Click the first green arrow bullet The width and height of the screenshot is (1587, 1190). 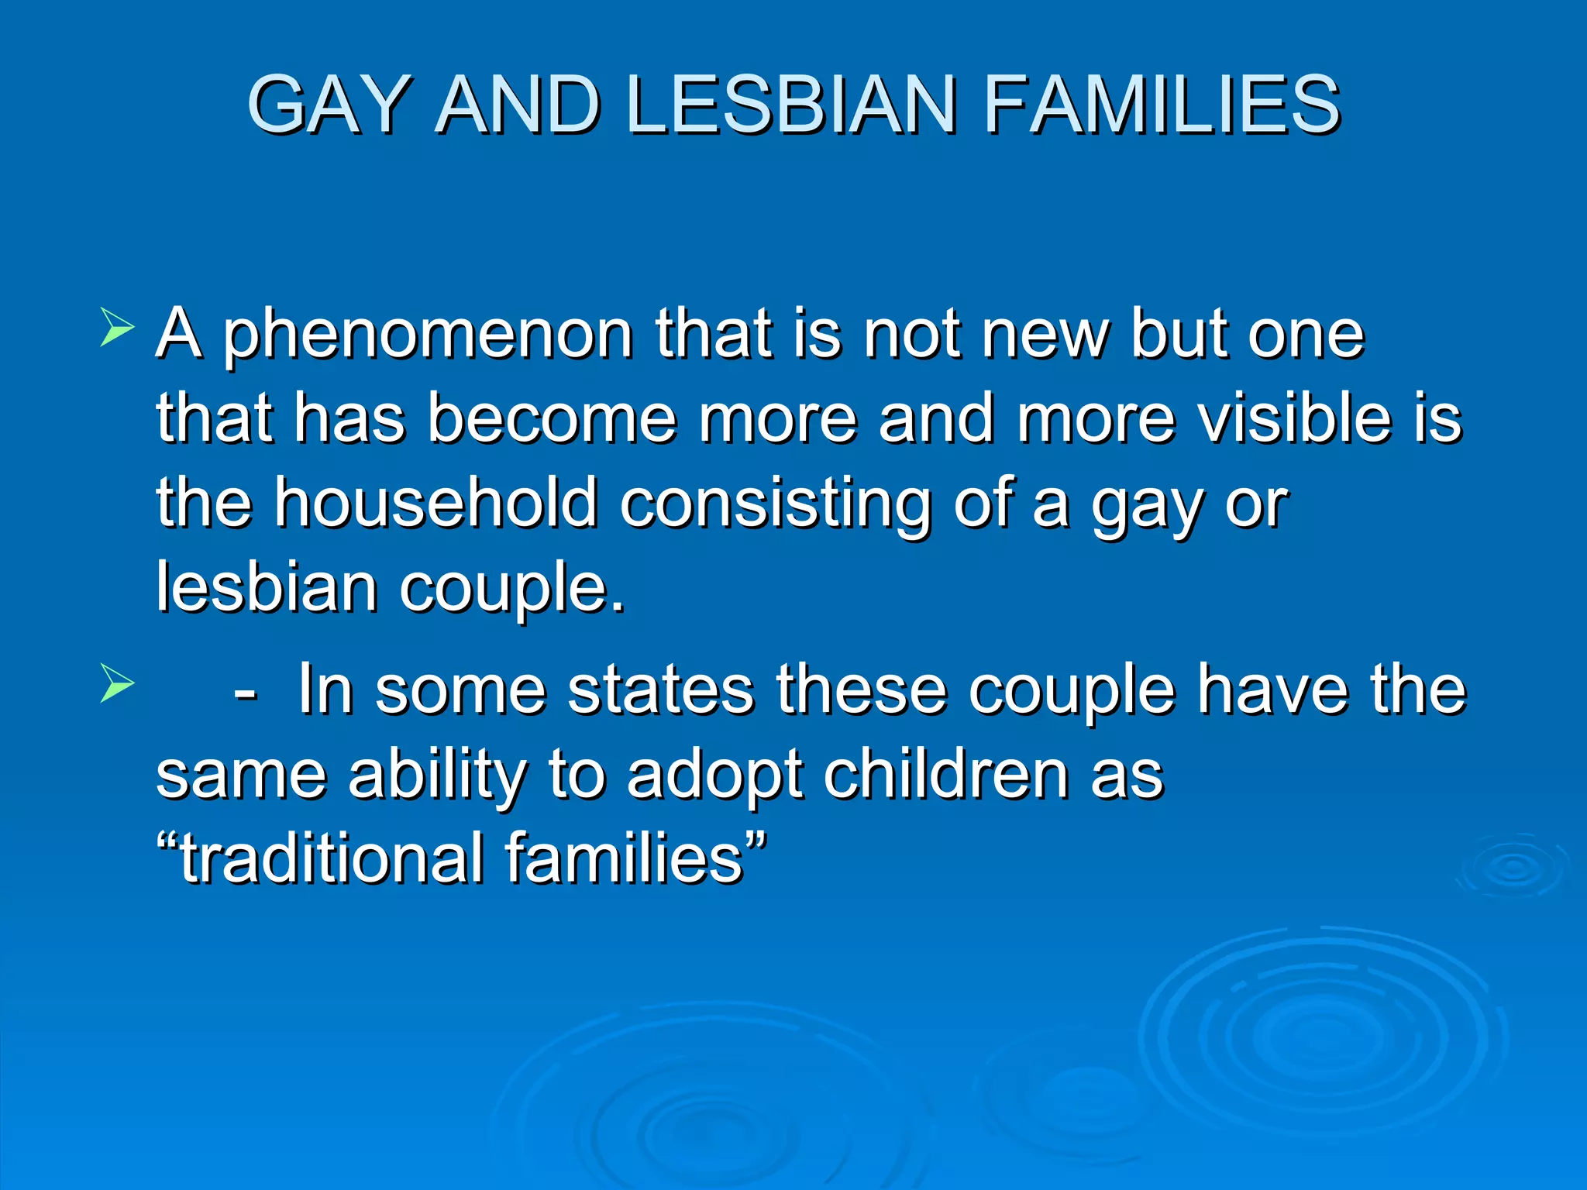(117, 328)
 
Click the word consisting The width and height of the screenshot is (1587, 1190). (776, 505)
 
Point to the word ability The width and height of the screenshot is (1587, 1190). (437, 776)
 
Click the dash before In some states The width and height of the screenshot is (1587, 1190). (245, 692)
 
